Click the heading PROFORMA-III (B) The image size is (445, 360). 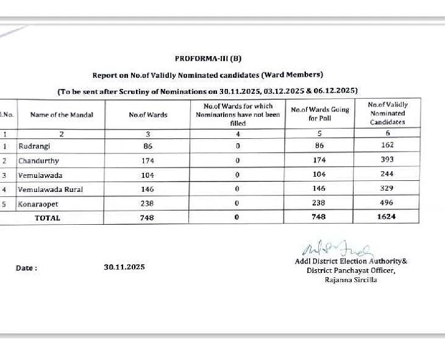coord(208,58)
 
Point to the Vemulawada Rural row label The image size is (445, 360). coord(51,189)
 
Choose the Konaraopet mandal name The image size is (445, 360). coord(39,204)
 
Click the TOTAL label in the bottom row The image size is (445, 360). coord(47,217)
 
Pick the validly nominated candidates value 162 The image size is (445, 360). coord(386,146)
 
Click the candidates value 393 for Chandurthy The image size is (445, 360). coord(386,160)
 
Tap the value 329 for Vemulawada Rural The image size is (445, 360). coord(386,189)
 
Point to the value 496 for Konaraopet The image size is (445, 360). coord(386,203)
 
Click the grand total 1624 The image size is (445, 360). coord(386,217)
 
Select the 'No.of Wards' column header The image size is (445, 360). coord(148,115)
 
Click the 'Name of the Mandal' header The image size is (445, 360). coord(62,115)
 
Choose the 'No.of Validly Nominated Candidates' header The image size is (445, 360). coord(388,113)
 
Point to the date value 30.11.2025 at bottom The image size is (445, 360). coord(124,267)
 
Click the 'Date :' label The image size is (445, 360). coord(26,267)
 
